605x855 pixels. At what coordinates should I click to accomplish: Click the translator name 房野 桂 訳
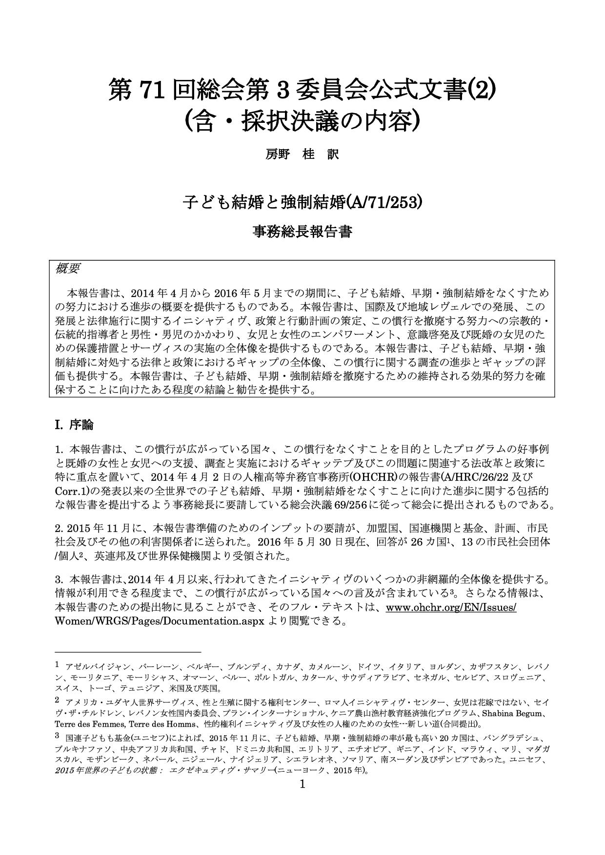[302, 155]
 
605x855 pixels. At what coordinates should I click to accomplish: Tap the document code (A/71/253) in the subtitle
[383, 201]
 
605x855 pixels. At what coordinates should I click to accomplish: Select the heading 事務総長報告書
[302, 231]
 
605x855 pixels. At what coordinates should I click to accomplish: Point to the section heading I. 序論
[74, 425]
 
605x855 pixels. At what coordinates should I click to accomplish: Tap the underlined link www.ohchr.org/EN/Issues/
[451, 608]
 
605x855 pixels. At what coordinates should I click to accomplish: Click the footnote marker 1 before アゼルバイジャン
[57, 664]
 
